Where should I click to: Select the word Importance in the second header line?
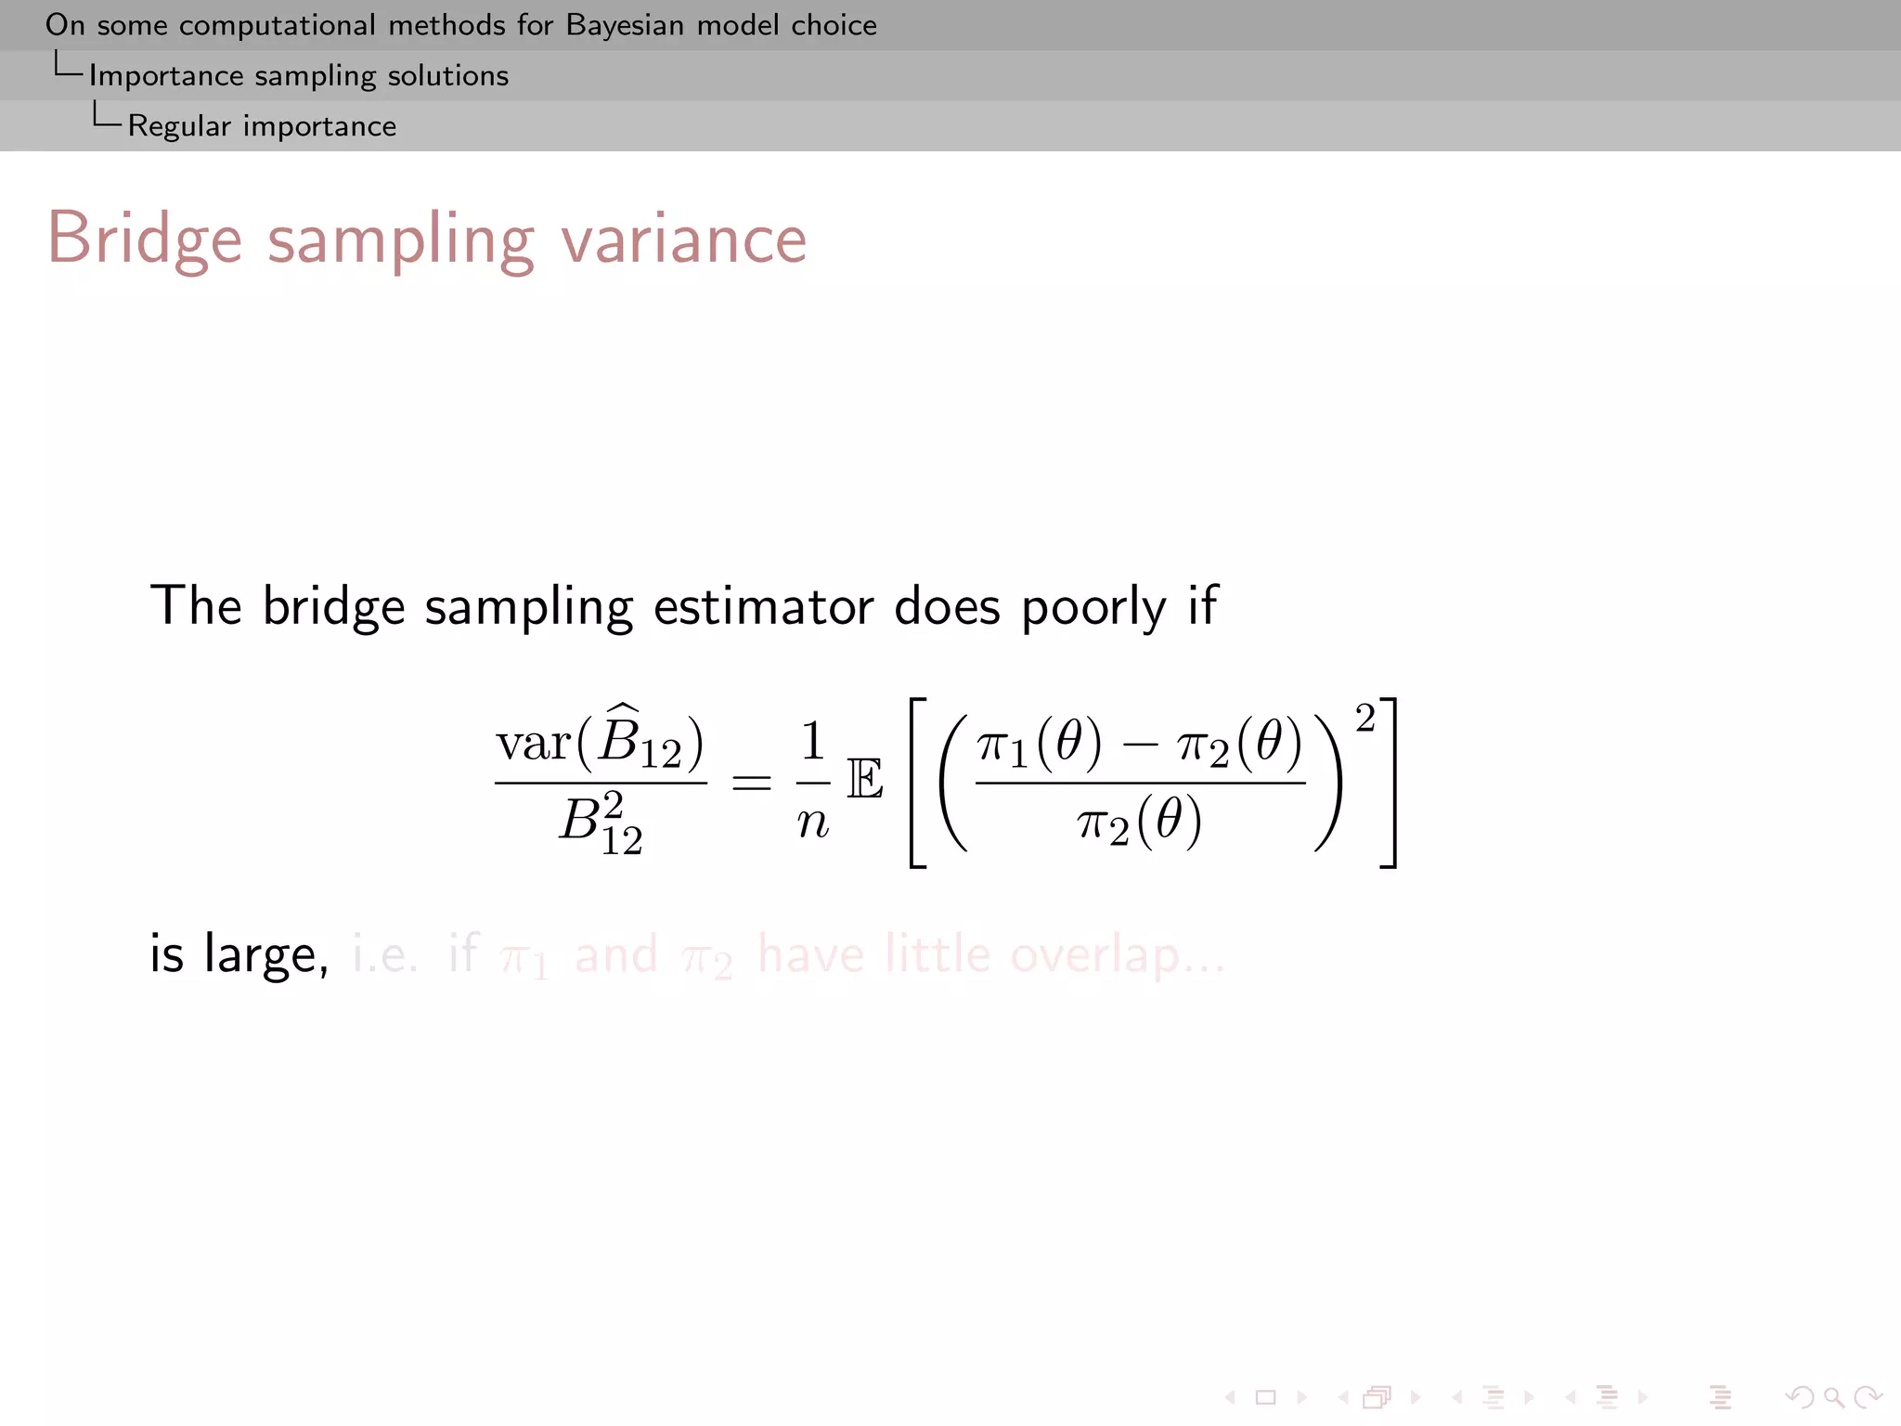coord(166,75)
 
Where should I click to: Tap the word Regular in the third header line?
coord(179,125)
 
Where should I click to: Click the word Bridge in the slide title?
coord(144,240)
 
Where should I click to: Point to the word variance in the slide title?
coord(684,240)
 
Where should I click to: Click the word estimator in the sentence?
coord(763,606)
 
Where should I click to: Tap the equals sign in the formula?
coord(751,783)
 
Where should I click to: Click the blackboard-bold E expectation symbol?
coord(864,780)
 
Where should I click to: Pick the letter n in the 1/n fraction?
coord(813,822)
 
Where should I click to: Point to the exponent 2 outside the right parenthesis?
coord(1364,719)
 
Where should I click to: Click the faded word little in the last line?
coord(938,953)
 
